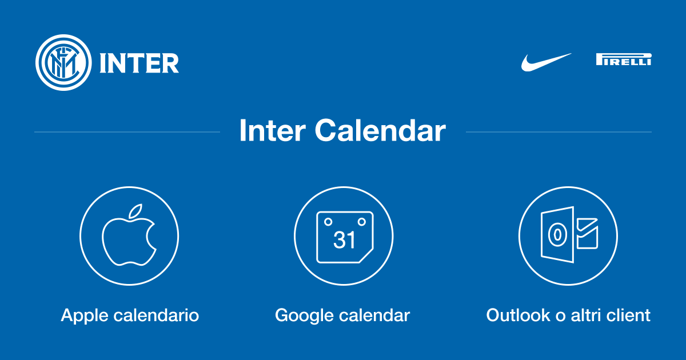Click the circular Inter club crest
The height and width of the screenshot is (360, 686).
(x=63, y=62)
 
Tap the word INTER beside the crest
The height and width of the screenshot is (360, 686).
(x=139, y=63)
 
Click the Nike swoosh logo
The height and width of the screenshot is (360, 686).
(x=546, y=62)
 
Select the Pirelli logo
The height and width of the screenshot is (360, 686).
(x=624, y=59)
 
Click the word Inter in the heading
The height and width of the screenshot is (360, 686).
(x=273, y=130)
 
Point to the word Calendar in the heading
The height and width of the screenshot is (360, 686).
(x=380, y=130)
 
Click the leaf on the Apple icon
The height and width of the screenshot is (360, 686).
(x=135, y=211)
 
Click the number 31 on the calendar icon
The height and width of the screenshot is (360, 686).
(x=344, y=239)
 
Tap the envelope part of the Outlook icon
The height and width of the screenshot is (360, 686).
(x=587, y=234)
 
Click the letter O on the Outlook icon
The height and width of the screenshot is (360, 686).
(x=557, y=235)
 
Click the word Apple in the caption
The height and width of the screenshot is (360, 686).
(x=85, y=316)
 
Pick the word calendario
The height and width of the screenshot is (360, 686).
(x=156, y=315)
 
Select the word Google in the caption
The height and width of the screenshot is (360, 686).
(x=304, y=316)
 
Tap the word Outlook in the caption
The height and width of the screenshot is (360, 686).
(x=518, y=315)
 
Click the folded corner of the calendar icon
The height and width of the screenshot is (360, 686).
(x=366, y=256)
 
